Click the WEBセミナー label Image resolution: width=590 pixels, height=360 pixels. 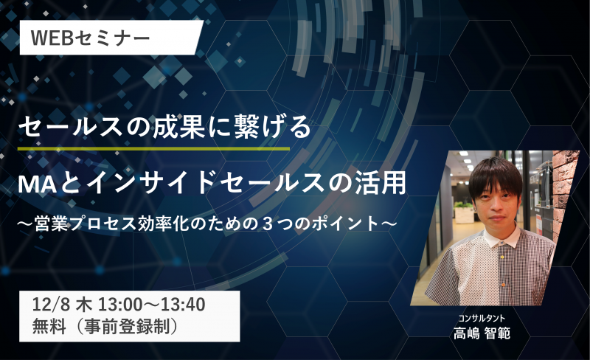90,38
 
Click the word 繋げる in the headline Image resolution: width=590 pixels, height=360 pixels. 273,128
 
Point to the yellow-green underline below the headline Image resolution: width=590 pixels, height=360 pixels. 154,149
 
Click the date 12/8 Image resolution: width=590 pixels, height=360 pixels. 51,305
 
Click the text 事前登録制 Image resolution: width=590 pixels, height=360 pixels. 127,326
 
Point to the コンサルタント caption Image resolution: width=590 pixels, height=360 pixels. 482,319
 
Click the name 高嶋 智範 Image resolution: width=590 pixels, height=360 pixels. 482,333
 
